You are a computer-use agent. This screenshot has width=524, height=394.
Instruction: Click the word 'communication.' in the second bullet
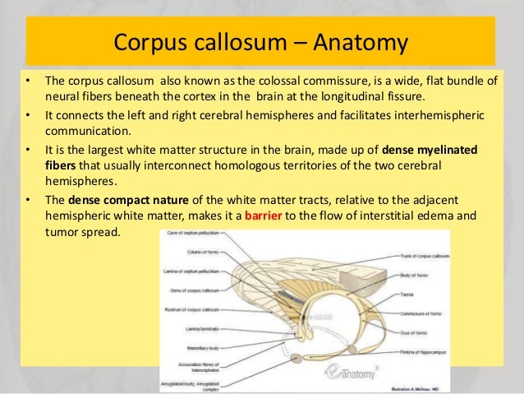[x=87, y=131]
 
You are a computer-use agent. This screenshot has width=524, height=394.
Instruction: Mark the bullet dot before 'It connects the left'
[x=29, y=116]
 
